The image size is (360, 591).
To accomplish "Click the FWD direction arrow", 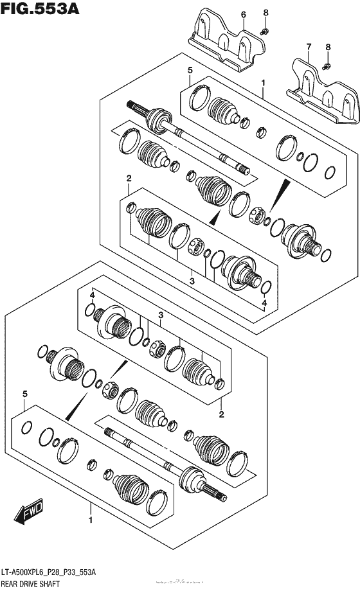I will click(x=26, y=513).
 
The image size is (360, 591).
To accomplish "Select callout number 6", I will click(x=243, y=13).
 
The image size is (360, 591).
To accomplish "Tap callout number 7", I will click(x=309, y=47).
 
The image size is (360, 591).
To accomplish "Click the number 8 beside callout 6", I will click(x=265, y=13).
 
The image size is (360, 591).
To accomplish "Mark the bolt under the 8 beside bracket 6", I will click(x=264, y=30).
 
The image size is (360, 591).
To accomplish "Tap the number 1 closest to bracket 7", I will click(x=263, y=82).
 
